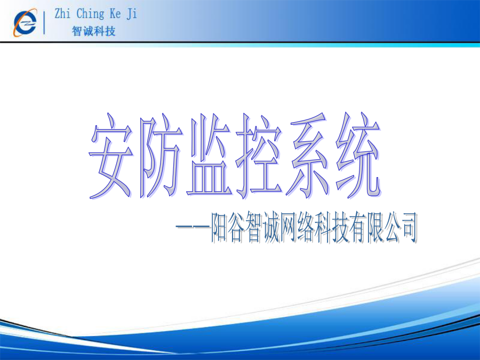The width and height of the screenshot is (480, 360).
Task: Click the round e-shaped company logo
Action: pos(25,22)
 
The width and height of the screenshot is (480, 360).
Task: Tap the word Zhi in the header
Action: pos(62,14)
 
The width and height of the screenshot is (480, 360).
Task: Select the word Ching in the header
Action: pos(90,14)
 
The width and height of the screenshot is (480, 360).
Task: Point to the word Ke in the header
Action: pos(115,14)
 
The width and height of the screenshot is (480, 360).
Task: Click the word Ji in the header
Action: pos(132,14)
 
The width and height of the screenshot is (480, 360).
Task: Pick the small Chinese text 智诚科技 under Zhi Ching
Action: pos(94,31)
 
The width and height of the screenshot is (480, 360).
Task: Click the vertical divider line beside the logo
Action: pos(44,22)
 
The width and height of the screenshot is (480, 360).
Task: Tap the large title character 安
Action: pos(111,156)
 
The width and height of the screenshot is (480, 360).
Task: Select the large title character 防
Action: pos(160,156)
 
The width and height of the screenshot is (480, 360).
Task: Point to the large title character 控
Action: pos(259,156)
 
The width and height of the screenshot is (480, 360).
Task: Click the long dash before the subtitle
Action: pos(193,227)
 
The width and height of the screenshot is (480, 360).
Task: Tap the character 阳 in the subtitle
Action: pos(220,227)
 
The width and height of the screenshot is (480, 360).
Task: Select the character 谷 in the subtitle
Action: pos(237,227)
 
